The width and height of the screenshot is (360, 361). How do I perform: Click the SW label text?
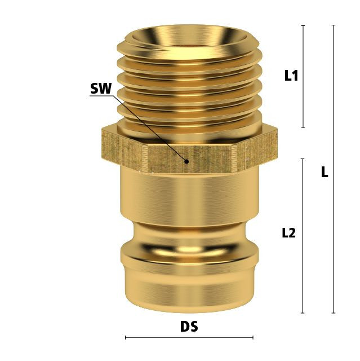tap(101, 89)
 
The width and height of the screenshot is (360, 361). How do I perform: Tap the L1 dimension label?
tap(291, 76)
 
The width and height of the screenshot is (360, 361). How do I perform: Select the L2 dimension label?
tap(289, 233)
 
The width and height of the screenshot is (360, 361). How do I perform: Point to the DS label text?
tap(189, 327)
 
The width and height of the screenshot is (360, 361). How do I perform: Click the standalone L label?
tap(325, 171)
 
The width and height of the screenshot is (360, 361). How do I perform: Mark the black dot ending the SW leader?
tap(187, 162)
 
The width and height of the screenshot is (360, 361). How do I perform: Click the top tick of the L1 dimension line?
tap(303, 25)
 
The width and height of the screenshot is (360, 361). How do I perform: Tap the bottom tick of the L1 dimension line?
tap(303, 127)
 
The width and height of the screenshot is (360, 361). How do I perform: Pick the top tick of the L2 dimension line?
tap(303, 159)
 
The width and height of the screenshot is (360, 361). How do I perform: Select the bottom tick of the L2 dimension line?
tap(303, 313)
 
